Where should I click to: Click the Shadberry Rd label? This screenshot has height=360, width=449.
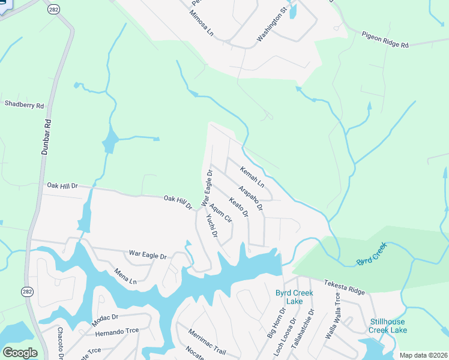[x=25, y=104]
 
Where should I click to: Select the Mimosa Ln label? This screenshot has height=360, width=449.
[x=202, y=23]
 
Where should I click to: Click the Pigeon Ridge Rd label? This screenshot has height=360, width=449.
[x=385, y=40]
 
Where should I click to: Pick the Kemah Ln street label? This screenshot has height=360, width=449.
[x=252, y=176]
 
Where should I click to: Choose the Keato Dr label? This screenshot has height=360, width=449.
[x=238, y=207]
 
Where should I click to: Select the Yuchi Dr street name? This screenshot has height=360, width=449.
[x=211, y=226]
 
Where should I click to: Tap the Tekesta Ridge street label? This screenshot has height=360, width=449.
[x=345, y=287]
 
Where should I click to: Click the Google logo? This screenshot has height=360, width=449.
[x=20, y=353]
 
